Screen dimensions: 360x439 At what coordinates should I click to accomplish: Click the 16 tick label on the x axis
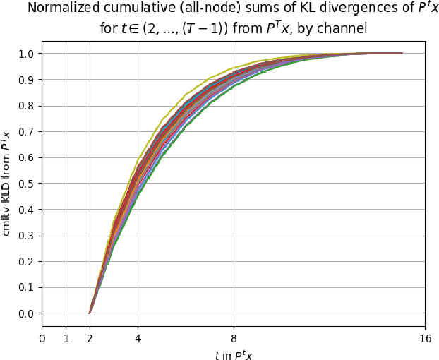(x=425, y=338)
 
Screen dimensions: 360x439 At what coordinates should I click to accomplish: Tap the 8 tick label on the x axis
(x=233, y=338)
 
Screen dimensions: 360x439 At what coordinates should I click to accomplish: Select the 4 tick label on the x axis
(x=138, y=338)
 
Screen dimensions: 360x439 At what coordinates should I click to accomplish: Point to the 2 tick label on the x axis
(x=90, y=338)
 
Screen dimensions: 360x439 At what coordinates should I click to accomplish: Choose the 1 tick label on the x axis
(x=66, y=338)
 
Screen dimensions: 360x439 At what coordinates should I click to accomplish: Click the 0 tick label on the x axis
(x=42, y=338)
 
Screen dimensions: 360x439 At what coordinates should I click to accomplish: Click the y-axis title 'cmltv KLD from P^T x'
(x=7, y=184)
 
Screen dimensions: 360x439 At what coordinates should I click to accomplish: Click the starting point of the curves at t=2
(x=90, y=313)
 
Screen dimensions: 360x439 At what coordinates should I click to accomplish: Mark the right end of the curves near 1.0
(x=402, y=53)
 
